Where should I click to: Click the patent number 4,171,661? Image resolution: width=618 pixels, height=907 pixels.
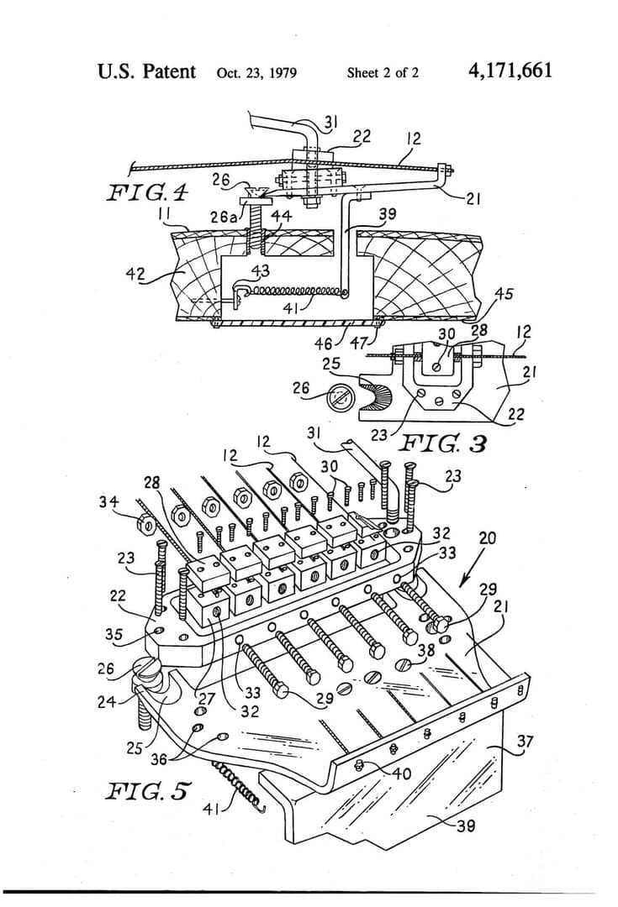pyautogui.click(x=510, y=71)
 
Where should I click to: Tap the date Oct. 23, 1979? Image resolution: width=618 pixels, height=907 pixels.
pyautogui.click(x=256, y=72)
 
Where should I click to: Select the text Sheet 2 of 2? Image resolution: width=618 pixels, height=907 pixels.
pyautogui.click(x=383, y=72)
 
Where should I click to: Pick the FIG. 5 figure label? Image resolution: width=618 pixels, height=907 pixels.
pyautogui.click(x=148, y=790)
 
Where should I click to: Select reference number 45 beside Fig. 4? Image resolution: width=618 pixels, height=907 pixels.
pyautogui.click(x=504, y=294)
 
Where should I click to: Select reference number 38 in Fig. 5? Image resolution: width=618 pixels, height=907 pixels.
pyautogui.click(x=426, y=648)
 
